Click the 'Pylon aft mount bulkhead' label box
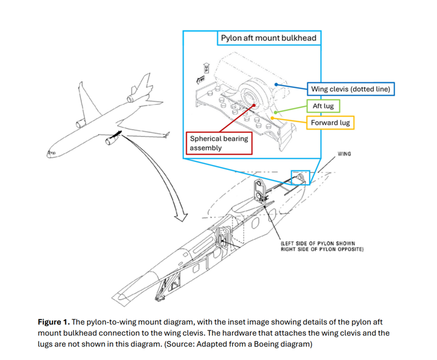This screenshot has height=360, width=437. [269, 38]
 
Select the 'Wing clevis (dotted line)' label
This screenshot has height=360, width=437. [351, 89]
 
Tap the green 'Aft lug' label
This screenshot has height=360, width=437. [323, 106]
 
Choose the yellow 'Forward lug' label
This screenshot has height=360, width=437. [331, 122]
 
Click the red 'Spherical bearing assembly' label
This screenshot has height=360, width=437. [219, 143]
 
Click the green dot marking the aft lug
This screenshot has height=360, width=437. [275, 112]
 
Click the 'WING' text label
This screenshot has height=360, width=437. [344, 154]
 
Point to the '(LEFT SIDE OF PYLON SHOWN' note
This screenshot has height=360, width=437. [322, 243]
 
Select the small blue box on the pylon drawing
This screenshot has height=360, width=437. [300, 177]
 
